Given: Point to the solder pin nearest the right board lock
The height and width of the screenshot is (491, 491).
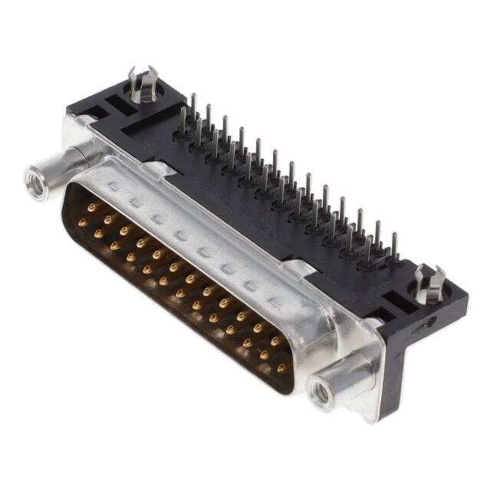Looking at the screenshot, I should [394, 245].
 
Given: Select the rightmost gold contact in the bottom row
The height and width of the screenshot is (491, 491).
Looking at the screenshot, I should [282, 368].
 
